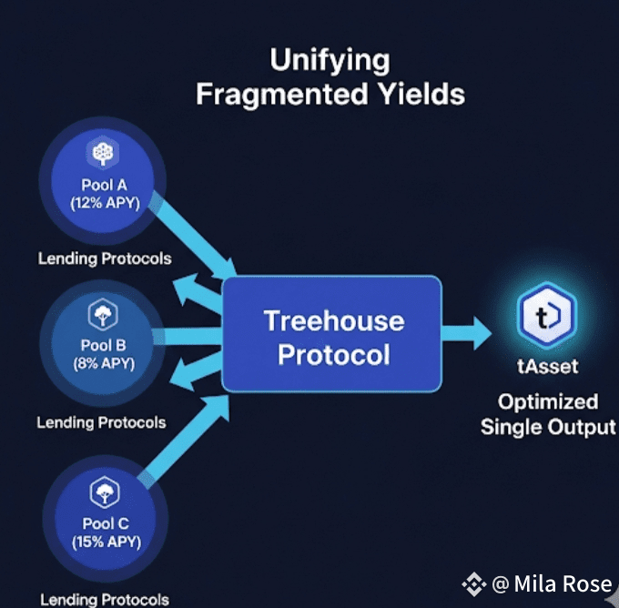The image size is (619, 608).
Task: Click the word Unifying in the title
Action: [330, 61]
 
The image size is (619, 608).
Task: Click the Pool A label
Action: [104, 185]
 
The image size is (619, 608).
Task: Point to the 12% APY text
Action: [105, 203]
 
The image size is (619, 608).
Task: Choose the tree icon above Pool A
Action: [103, 153]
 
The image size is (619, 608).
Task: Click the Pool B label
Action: [103, 345]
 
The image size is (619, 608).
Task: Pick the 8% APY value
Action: [104, 363]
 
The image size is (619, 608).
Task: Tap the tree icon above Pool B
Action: [103, 314]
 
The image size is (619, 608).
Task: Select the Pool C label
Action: [106, 523]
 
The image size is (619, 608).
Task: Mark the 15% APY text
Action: [107, 542]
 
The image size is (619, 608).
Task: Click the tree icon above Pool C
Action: [104, 491]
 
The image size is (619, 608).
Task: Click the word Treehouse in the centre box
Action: [334, 320]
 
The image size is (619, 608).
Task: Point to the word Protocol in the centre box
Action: [334, 354]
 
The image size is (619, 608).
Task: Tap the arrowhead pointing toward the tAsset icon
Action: [482, 334]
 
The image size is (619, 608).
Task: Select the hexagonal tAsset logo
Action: [547, 316]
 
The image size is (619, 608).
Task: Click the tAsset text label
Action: [548, 367]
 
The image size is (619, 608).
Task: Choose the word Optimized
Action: [548, 402]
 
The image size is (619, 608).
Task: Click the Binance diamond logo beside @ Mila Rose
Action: [473, 584]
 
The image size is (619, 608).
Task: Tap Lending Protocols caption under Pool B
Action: [101, 423]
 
